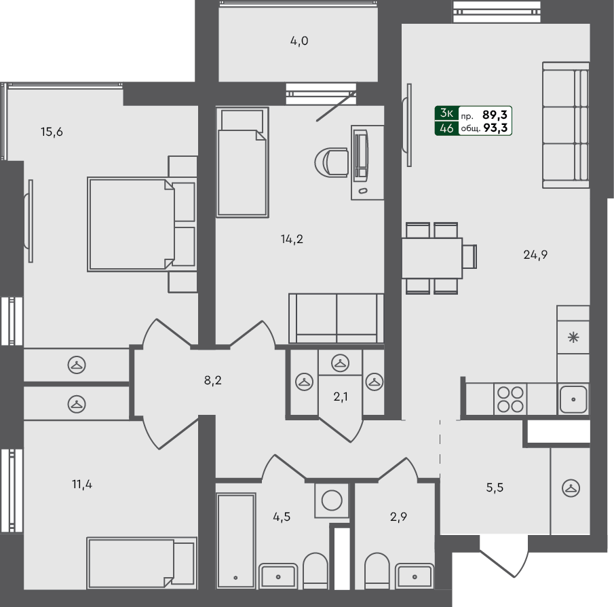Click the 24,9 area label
point(535,255)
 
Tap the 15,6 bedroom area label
point(52,132)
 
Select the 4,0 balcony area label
point(299,41)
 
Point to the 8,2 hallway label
point(213,380)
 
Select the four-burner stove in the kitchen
point(510,399)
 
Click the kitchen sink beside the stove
point(573,399)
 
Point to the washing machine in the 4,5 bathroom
point(332,501)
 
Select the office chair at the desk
point(332,162)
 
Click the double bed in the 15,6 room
point(131,223)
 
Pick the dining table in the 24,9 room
point(432,258)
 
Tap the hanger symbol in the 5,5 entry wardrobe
point(571,487)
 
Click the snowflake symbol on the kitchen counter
point(573,337)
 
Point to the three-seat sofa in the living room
point(565,124)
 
